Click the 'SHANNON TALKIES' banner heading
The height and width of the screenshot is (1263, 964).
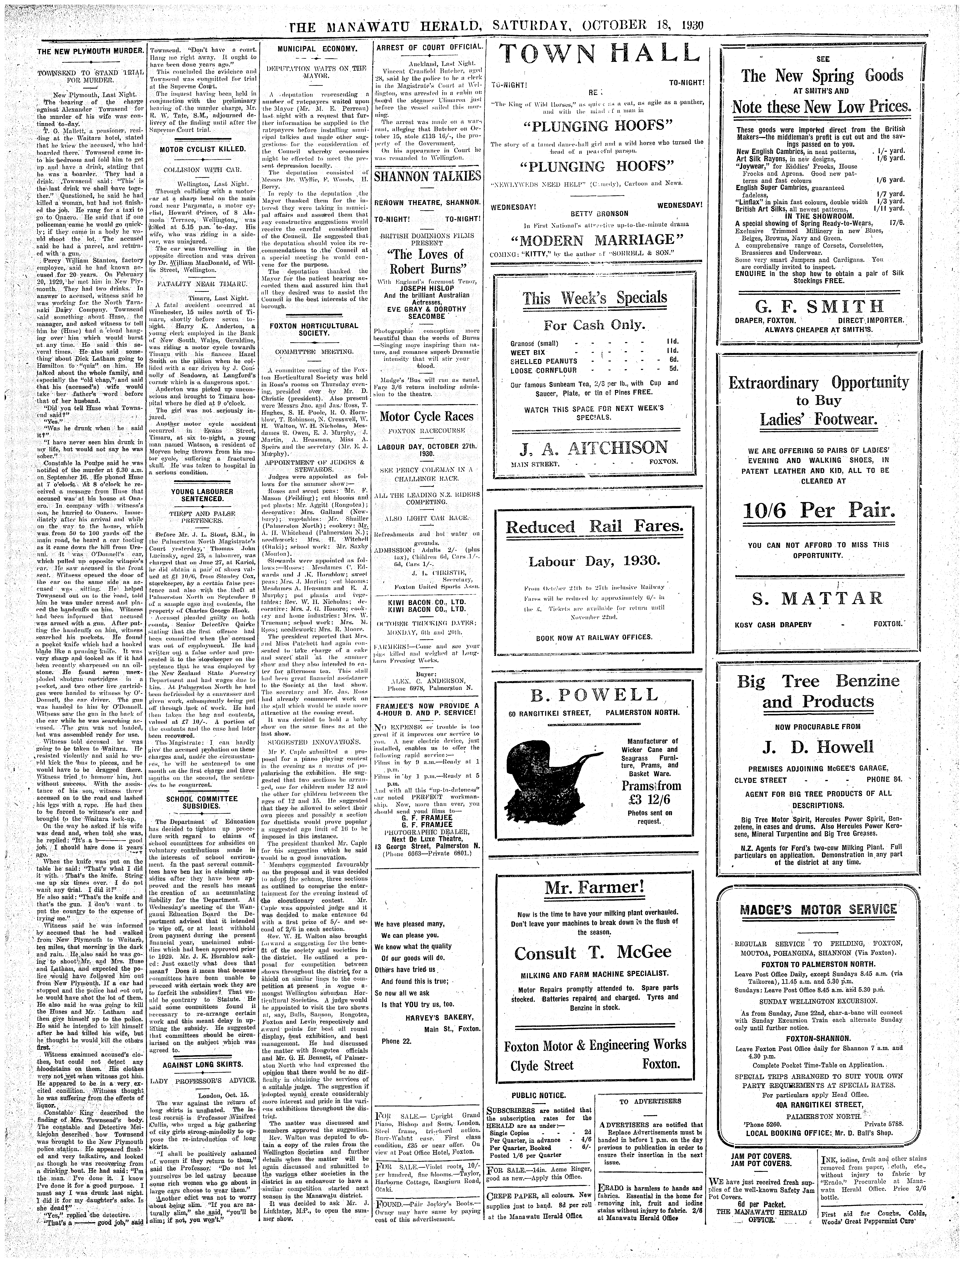[x=427, y=176]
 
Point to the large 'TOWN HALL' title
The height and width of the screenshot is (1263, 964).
[x=600, y=55]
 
